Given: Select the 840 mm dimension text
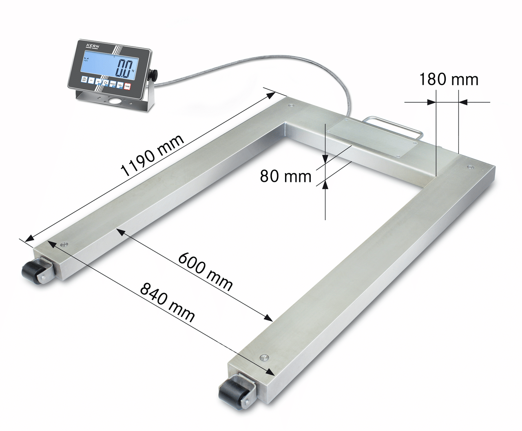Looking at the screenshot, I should pos(167,302).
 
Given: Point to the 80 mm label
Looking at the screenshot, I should pos(285,176).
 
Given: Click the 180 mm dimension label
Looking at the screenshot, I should pos(449,80).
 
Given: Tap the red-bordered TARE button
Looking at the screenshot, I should pos(127,86).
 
